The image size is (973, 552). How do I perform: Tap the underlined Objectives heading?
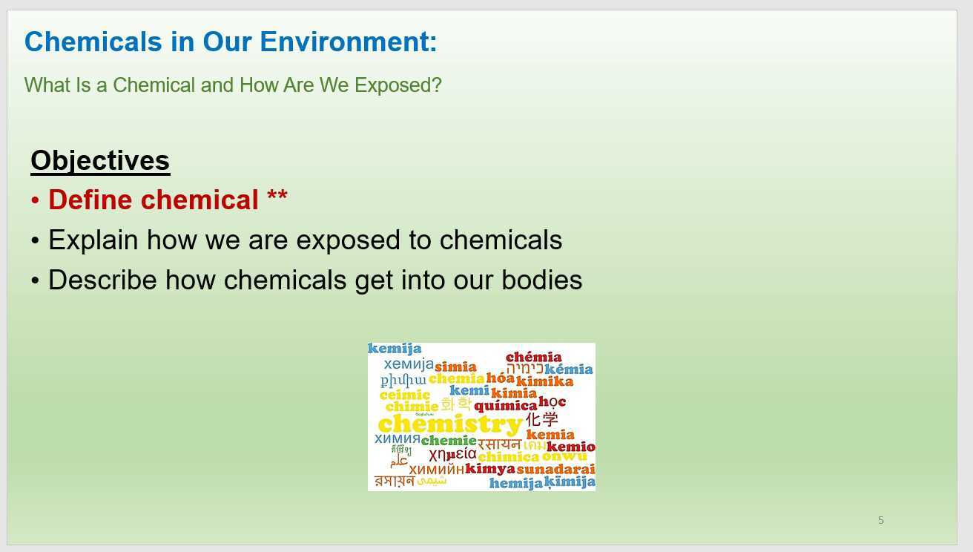coord(100,160)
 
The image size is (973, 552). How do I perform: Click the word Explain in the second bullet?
coord(93,240)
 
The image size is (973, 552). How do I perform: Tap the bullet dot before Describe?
coord(35,281)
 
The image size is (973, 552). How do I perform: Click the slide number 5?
coord(880,520)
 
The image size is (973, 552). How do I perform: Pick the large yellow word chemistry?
coord(449,424)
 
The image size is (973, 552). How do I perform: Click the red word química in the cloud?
coord(505,406)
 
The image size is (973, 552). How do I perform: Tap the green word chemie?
coord(448,441)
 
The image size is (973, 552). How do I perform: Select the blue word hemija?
coord(515,484)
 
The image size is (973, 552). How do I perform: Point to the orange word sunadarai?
coord(555,469)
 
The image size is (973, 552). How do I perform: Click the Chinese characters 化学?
coord(542,419)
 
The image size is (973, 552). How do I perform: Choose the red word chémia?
coord(533,357)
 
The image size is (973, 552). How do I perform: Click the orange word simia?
coord(455,367)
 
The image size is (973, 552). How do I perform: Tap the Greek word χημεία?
coord(452,454)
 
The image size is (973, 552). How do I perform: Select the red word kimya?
coord(489,469)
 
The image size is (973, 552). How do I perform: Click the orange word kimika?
coord(544,381)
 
